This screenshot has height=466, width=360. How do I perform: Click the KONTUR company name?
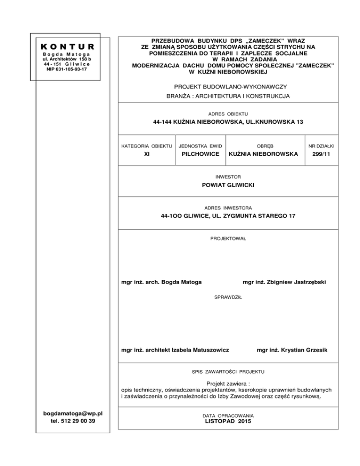pos(68,47)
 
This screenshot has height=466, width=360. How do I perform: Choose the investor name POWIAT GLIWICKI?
pos(228,186)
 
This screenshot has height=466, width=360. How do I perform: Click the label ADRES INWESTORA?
pos(228,207)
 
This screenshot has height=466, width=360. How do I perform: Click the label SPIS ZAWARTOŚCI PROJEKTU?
pos(228,371)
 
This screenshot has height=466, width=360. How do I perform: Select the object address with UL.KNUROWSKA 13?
pos(228,122)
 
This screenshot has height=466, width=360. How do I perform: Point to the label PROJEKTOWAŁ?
pos(228,239)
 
